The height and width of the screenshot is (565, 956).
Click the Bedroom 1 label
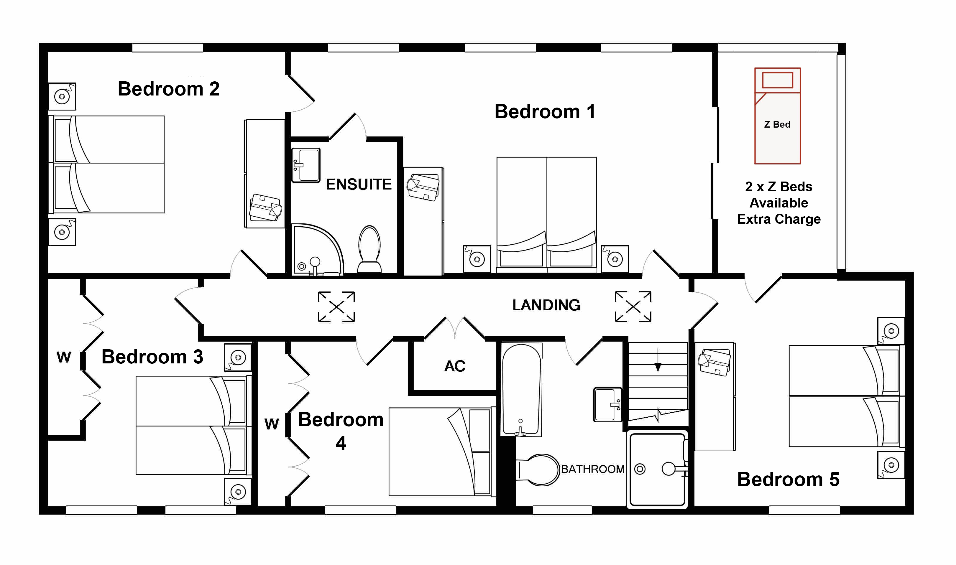coord(545,112)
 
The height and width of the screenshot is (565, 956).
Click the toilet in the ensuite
coord(369,249)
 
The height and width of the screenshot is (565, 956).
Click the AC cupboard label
coord(455,366)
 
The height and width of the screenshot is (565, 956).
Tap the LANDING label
coord(546,305)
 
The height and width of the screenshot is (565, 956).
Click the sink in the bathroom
coord(607,405)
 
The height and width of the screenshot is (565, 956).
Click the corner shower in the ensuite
coord(317,250)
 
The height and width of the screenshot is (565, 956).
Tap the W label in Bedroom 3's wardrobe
coord(64,358)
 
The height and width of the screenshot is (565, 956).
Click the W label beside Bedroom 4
coord(272,424)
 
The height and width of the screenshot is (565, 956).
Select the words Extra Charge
coord(778,219)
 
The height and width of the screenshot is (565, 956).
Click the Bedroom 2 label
coord(169,89)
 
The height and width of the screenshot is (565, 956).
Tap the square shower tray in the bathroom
coord(657,470)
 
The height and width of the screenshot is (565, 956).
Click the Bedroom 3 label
coord(152,357)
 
